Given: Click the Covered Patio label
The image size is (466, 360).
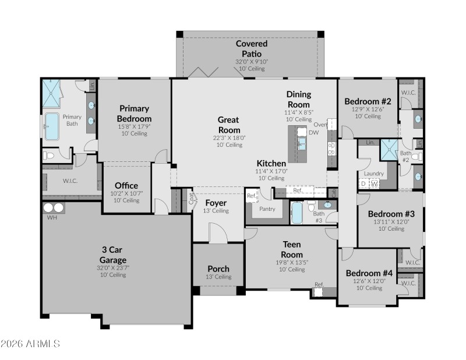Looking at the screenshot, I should pyautogui.click(x=252, y=48).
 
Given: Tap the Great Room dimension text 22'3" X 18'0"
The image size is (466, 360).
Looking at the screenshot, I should pyautogui.click(x=229, y=138).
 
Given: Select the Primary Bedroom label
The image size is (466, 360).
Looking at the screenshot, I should pyautogui.click(x=135, y=113).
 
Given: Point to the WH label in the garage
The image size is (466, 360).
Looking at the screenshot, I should pyautogui.click(x=52, y=218).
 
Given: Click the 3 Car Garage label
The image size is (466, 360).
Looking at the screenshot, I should pyautogui.click(x=113, y=255).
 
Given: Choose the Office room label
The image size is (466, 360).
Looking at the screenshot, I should pyautogui.click(x=126, y=186).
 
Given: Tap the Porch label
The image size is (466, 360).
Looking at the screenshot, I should pyautogui.click(x=218, y=269).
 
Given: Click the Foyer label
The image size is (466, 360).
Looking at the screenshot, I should pyautogui.click(x=216, y=203).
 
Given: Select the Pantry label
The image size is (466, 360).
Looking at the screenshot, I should pyautogui.click(x=267, y=209).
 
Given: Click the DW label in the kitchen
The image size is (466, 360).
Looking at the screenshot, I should pyautogui.click(x=313, y=133).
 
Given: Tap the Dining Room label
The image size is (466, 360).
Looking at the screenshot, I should pyautogui.click(x=298, y=99).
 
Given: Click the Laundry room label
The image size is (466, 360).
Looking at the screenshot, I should pyautogui.click(x=373, y=174).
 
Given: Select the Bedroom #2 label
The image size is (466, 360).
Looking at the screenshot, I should pyautogui.click(x=368, y=101).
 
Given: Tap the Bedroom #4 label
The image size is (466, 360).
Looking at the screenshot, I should pyautogui.click(x=369, y=273).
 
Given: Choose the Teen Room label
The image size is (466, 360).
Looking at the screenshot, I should pyautogui.click(x=292, y=249).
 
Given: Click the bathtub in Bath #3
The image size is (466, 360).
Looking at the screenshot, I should pyautogui.click(x=296, y=213).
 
